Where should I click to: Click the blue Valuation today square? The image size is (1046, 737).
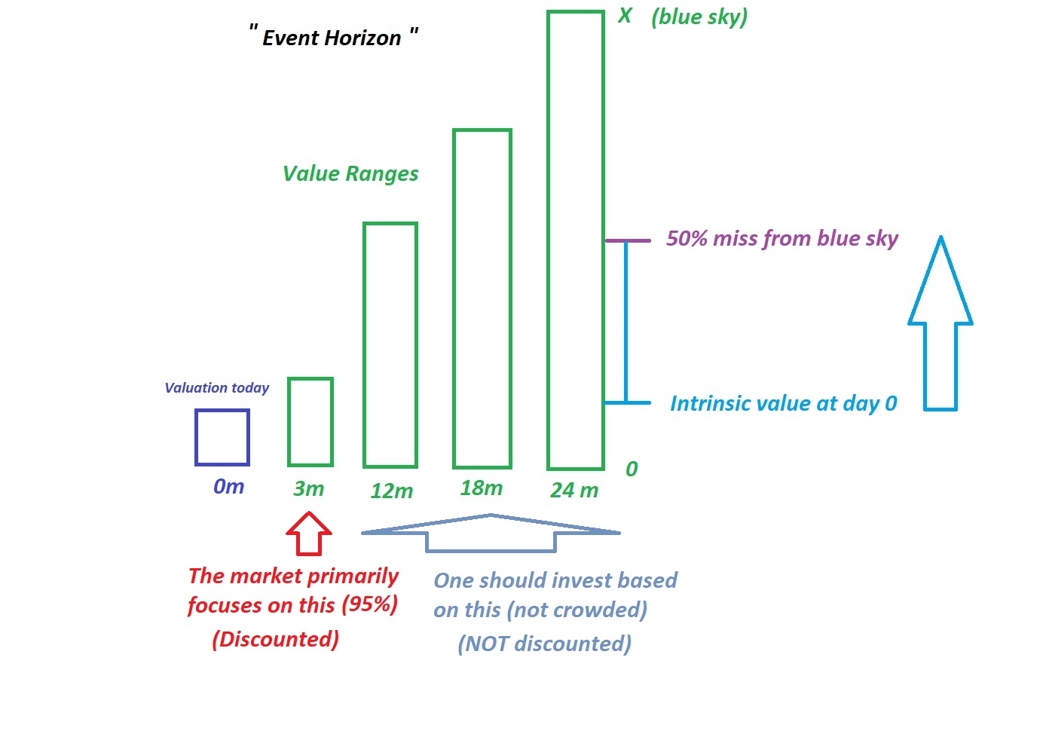point(197,438)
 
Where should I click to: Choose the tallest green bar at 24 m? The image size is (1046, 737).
point(549,240)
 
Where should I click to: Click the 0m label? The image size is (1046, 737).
point(228,487)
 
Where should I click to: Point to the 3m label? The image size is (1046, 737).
point(308,488)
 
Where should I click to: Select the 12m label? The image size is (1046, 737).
point(391,491)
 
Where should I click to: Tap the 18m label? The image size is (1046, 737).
point(481,488)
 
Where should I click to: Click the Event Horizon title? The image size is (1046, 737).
point(333,36)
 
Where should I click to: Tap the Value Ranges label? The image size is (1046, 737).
point(350,174)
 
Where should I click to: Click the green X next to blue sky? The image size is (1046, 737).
point(625,16)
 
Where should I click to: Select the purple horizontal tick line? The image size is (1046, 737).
point(628,240)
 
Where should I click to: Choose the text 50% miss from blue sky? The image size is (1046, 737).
point(782,239)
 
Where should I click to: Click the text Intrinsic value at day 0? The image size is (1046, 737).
point(784,403)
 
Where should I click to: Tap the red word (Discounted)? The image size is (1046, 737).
point(276,639)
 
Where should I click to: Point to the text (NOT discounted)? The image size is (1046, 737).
point(545,644)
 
